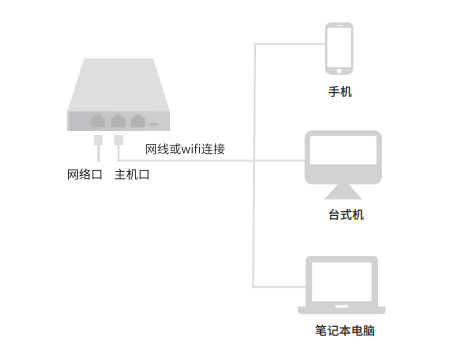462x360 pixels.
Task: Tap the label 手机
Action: pyautogui.click(x=340, y=92)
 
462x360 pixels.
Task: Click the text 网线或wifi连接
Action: pyautogui.click(x=185, y=149)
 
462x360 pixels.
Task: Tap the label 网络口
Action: pyautogui.click(x=85, y=175)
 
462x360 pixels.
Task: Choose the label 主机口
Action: pyautogui.click(x=133, y=175)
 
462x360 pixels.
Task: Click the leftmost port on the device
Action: pyautogui.click(x=97, y=121)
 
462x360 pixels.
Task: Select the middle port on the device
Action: pyautogui.click(x=118, y=121)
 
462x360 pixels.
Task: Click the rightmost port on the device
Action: pyautogui.click(x=138, y=121)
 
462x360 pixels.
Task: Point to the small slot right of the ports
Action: pyautogui.click(x=155, y=123)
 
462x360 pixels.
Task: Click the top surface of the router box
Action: pyautogui.click(x=115, y=85)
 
